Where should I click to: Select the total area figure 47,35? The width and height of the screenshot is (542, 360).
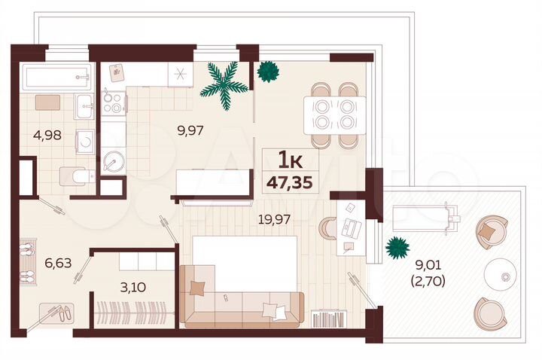290,181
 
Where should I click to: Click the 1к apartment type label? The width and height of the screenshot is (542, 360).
290,160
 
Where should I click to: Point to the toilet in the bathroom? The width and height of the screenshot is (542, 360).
75,176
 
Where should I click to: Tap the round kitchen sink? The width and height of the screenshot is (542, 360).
114,161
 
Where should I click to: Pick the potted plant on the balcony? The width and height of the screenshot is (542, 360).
396,246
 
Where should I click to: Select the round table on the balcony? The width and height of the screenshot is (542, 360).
499,270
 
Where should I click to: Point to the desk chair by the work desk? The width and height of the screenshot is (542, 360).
328,228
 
